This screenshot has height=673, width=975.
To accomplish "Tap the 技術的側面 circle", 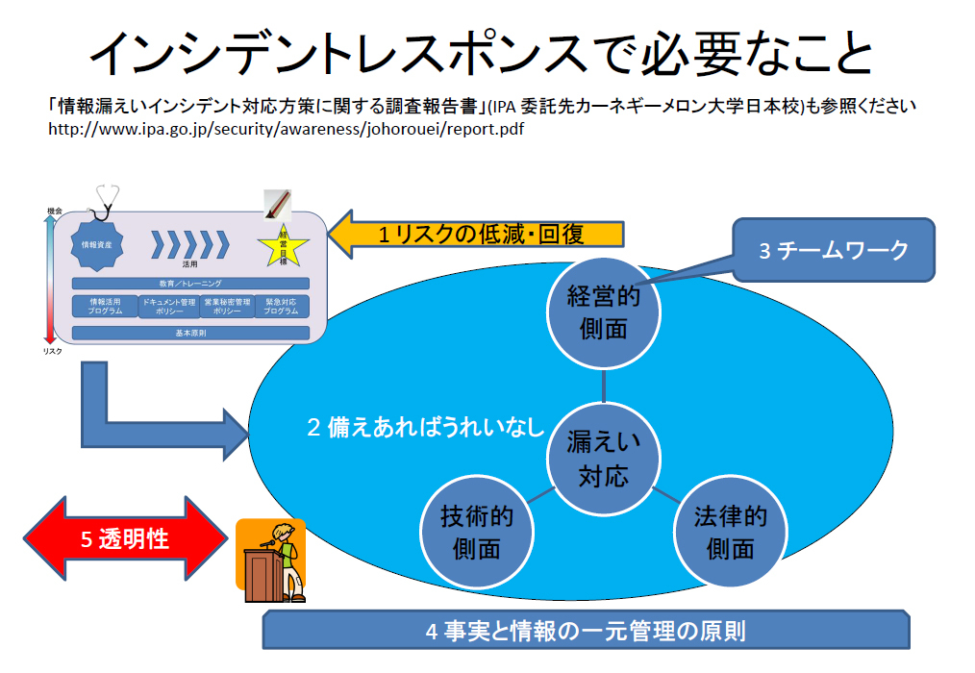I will point(477,532).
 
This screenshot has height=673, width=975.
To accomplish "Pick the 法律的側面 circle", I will point(730,532).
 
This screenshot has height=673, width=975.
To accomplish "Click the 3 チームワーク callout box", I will point(834,250).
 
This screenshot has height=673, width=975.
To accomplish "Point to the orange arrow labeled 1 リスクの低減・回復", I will point(478,234).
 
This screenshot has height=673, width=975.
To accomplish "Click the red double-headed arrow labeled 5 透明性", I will point(122,538).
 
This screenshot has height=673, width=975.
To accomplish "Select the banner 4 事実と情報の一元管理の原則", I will point(587,632).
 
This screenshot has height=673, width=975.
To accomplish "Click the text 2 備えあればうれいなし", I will point(425,428).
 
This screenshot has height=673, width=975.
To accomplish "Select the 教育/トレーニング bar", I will point(190,284).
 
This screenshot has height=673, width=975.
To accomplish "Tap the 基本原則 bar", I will point(190,333).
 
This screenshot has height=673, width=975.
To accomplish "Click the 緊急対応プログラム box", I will point(282,306).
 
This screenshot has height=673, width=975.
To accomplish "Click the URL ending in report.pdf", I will point(285,128).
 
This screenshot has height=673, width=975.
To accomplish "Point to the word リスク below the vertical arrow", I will point(52,352).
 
